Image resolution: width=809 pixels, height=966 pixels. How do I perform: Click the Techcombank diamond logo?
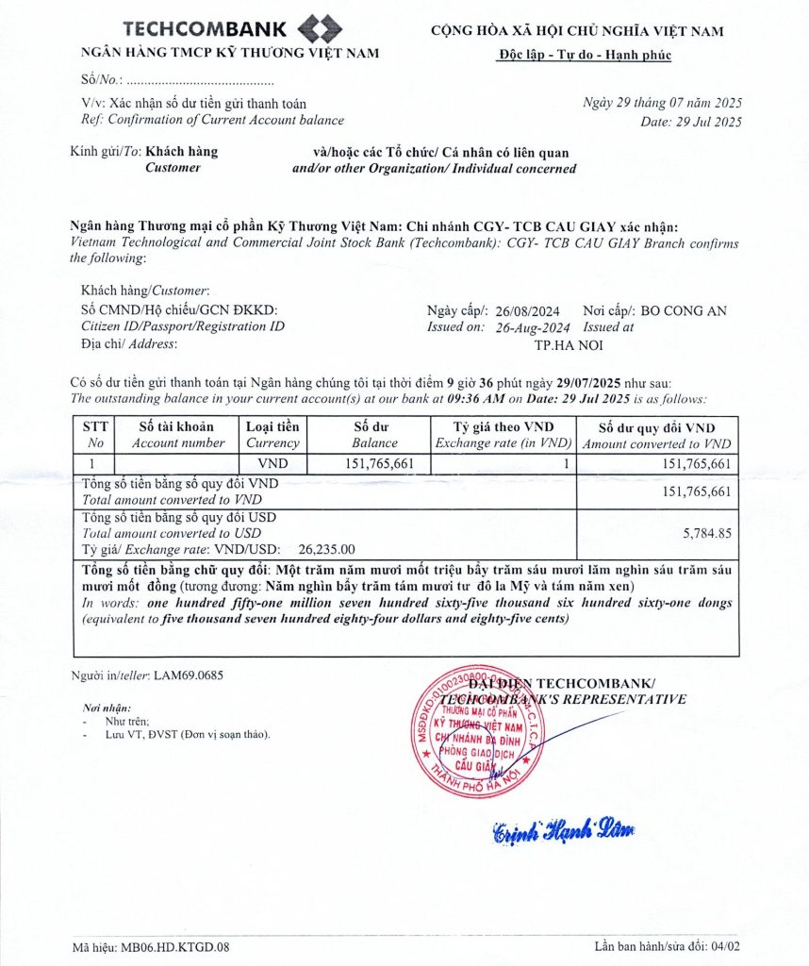(319, 27)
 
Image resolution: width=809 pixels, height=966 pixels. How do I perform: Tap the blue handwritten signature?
(563, 830)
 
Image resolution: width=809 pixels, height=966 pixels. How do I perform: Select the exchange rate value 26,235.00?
(326, 548)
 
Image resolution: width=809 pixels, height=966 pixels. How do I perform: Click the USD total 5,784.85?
(707, 533)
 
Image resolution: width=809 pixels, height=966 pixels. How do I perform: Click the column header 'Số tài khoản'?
(178, 426)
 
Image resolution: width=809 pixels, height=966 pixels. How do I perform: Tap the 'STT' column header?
(95, 426)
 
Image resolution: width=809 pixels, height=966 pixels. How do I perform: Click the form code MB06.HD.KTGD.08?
(175, 946)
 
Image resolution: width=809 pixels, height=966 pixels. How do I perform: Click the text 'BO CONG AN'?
(683, 310)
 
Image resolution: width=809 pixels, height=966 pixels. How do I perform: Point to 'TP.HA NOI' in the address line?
(569, 344)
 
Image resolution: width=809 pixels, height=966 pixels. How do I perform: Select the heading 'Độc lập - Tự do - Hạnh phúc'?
(585, 54)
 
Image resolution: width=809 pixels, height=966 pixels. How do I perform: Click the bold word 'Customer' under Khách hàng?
(173, 167)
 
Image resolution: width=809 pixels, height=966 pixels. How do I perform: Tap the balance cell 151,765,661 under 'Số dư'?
(374, 463)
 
